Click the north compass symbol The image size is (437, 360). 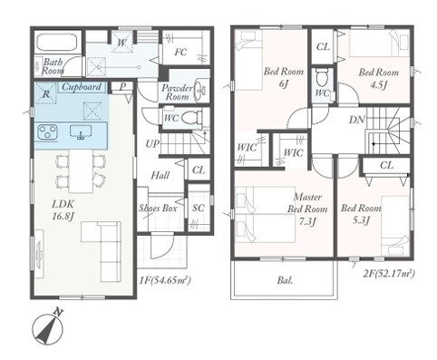click(x=48, y=327)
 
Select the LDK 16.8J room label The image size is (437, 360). click(x=63, y=209)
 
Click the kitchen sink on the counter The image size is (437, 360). click(x=81, y=132)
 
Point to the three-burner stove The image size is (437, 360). click(x=48, y=132)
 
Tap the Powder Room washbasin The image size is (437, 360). click(x=201, y=89)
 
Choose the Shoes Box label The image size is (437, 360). click(x=158, y=208)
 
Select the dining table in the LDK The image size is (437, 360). click(x=81, y=170)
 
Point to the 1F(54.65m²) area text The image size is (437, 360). click(x=165, y=281)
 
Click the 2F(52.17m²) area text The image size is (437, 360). click(x=388, y=274)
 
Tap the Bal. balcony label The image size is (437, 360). click(x=285, y=280)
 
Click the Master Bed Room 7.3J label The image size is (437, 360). click(x=307, y=209)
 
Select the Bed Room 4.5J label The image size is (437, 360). click(x=378, y=78)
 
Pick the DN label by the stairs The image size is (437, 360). click(x=357, y=120)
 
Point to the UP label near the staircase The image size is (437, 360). click(x=152, y=144)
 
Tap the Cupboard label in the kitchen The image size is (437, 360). click(x=82, y=87)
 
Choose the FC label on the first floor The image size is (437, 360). click(x=180, y=53)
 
